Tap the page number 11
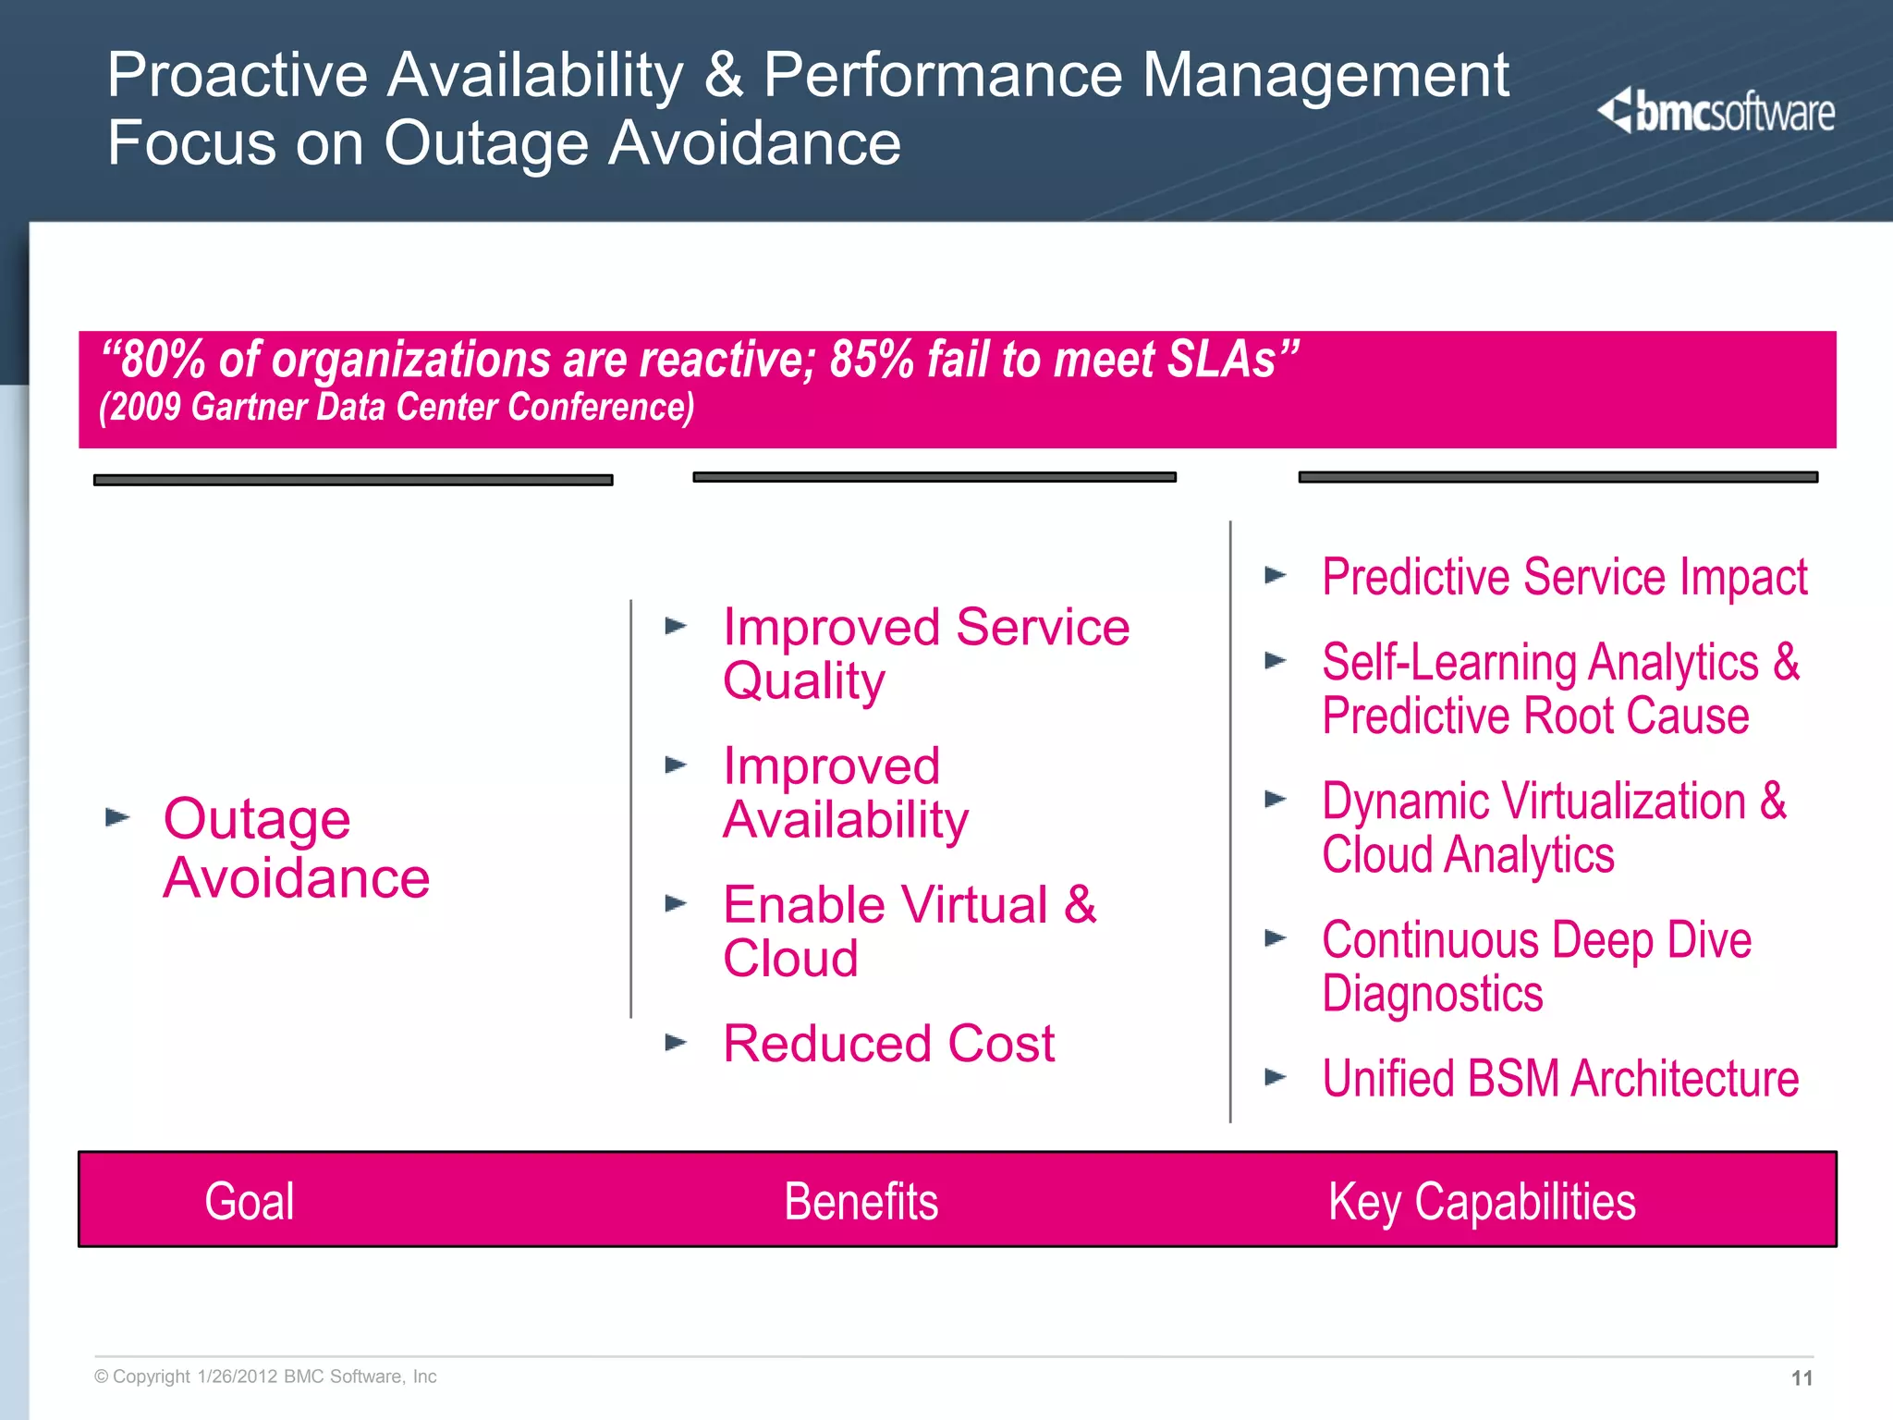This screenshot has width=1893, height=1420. [x=1801, y=1378]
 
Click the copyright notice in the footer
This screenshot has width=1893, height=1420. [x=265, y=1377]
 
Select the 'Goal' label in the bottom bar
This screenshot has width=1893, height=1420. [x=250, y=1202]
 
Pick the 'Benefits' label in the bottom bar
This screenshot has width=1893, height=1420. [x=861, y=1202]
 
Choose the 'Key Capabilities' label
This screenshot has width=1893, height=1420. [x=1482, y=1202]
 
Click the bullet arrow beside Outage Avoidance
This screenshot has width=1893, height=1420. [x=117, y=817]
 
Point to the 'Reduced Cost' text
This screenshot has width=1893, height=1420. [x=888, y=1044]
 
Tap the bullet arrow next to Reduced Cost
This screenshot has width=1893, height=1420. [x=677, y=1043]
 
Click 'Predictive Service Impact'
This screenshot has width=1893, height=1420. [x=1564, y=578]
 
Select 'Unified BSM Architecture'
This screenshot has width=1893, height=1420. [x=1560, y=1079]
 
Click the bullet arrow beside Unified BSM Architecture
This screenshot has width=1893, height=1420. [x=1276, y=1077]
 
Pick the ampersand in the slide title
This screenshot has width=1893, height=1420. [x=724, y=75]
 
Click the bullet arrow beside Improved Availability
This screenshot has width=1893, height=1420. [x=677, y=765]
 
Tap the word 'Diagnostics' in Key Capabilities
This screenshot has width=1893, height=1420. [x=1433, y=994]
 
